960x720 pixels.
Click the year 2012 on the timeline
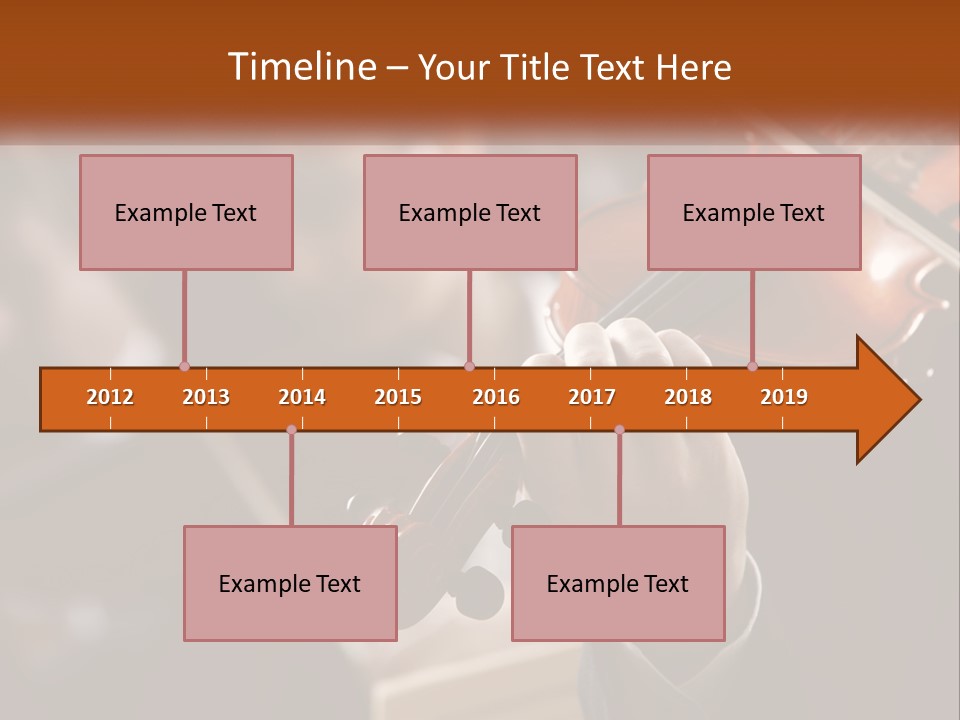(x=110, y=397)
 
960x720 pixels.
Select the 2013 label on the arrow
(x=206, y=397)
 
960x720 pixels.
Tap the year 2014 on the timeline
(x=302, y=397)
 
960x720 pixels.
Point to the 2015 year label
(x=398, y=397)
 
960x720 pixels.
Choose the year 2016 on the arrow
(x=496, y=397)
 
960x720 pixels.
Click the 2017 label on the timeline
(x=592, y=397)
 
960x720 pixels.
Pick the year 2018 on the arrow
(x=688, y=397)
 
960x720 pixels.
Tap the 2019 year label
(x=784, y=397)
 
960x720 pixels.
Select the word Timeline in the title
(x=300, y=67)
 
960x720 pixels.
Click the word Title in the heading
(x=536, y=67)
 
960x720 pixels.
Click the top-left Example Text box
(x=186, y=212)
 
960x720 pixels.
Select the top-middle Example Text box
(x=470, y=212)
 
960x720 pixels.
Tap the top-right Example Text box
(x=754, y=212)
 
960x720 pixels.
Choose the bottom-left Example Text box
(x=290, y=583)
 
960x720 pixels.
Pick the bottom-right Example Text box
(x=618, y=583)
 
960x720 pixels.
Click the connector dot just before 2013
(x=184, y=367)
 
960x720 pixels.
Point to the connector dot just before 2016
(x=470, y=367)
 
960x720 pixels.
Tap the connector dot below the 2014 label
(x=291, y=430)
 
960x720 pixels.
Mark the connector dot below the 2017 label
(x=619, y=430)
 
